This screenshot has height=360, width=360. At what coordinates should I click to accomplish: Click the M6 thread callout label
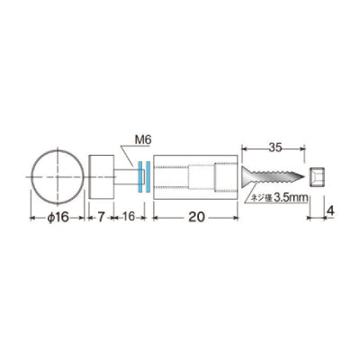[143, 139]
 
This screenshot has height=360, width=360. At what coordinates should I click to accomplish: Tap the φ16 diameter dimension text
[58, 218]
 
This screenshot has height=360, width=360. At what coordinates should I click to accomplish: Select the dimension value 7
[102, 217]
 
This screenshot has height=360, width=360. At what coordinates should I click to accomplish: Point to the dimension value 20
[196, 217]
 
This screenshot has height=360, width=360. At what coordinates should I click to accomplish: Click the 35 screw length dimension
[275, 148]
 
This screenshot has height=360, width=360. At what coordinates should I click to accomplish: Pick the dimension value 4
[329, 211]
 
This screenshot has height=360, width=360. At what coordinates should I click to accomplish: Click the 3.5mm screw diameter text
[291, 198]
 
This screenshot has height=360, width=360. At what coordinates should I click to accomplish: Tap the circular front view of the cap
[57, 177]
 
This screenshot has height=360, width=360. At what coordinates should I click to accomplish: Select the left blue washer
[139, 176]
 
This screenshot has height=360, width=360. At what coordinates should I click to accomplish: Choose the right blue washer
[148, 176]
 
